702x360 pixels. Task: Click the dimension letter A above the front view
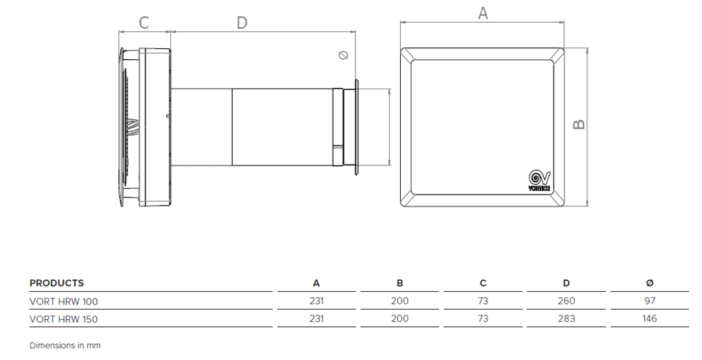click(x=483, y=12)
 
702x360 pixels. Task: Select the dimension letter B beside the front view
click(x=578, y=124)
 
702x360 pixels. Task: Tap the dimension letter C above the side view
click(x=144, y=23)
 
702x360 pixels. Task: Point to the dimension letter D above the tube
click(x=241, y=23)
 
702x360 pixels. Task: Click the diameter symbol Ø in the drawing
click(x=344, y=56)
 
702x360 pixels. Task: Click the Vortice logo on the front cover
click(x=539, y=180)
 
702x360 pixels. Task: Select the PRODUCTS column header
click(x=57, y=283)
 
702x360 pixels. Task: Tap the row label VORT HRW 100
click(x=64, y=301)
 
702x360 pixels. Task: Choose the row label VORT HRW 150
click(x=64, y=319)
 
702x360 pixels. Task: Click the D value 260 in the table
click(x=566, y=301)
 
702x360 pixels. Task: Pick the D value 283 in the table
click(x=566, y=319)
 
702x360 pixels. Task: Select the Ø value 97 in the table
click(x=650, y=301)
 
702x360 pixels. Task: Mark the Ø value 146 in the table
click(x=650, y=319)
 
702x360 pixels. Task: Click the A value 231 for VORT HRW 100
click(x=316, y=301)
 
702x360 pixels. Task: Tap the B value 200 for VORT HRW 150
click(x=400, y=319)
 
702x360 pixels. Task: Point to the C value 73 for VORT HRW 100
click(x=483, y=301)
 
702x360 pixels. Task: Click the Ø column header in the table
click(x=650, y=283)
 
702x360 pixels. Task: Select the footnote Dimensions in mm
click(x=65, y=345)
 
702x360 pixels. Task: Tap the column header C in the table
click(x=483, y=283)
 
